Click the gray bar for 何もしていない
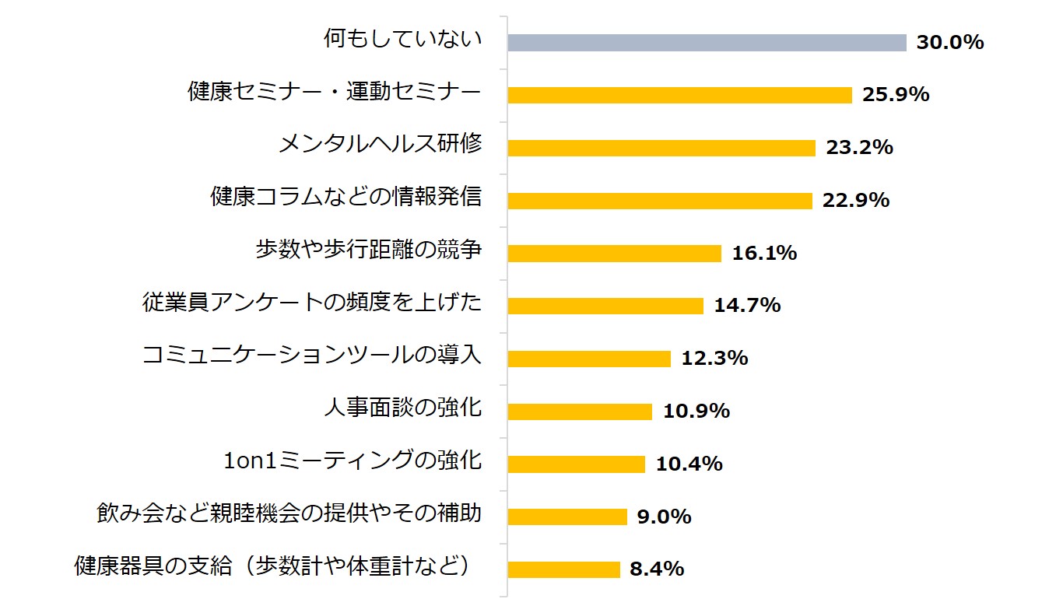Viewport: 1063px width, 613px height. point(707,43)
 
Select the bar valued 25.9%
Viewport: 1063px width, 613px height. point(679,95)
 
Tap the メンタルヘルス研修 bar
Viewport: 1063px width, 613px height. point(661,148)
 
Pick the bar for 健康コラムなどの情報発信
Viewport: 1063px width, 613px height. point(660,201)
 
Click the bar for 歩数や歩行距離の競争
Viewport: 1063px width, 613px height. point(614,254)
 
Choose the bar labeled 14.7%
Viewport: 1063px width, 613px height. point(605,306)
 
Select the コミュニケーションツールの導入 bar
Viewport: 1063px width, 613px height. point(589,359)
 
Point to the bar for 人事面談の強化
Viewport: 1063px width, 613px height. point(580,412)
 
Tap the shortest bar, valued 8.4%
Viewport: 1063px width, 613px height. point(563,569)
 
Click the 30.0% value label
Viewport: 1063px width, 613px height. point(949,42)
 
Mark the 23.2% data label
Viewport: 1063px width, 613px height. point(859,147)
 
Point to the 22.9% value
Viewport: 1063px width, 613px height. point(855,200)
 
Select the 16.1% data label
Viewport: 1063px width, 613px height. point(764,253)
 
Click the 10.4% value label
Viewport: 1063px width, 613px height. point(689,464)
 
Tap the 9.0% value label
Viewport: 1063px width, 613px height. point(664,517)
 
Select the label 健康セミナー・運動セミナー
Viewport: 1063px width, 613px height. point(335,92)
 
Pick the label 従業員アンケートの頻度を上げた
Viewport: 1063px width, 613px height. point(312,302)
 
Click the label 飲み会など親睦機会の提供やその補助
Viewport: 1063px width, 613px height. point(289,513)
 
